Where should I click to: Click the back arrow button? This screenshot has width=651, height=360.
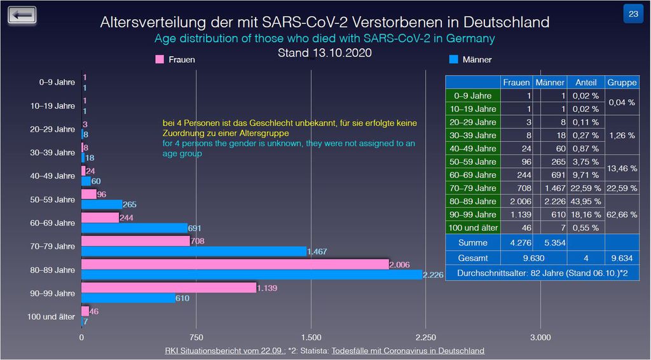tap(22, 15)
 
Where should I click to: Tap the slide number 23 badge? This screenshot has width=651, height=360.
tap(634, 14)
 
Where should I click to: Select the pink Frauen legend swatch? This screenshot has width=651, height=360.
tap(160, 59)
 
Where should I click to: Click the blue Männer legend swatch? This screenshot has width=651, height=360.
tap(454, 59)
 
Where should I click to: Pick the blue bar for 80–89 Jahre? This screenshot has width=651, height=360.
tap(252, 275)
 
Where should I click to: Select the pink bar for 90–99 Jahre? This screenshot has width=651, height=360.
tap(168, 288)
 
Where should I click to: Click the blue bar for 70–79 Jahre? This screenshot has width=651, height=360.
tap(194, 251)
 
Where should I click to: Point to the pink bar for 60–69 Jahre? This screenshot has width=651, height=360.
tap(100, 218)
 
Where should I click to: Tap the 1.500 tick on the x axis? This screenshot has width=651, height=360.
tap(311, 336)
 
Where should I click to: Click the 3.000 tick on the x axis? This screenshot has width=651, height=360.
tap(540, 336)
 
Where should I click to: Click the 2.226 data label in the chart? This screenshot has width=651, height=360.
tap(433, 275)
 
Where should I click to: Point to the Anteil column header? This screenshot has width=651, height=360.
tap(586, 82)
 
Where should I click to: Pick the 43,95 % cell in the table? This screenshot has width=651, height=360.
tap(586, 202)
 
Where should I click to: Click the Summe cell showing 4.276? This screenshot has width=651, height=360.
tap(516, 242)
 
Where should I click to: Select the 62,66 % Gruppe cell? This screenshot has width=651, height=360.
tap(622, 214)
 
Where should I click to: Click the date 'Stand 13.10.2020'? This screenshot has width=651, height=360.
tap(324, 53)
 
